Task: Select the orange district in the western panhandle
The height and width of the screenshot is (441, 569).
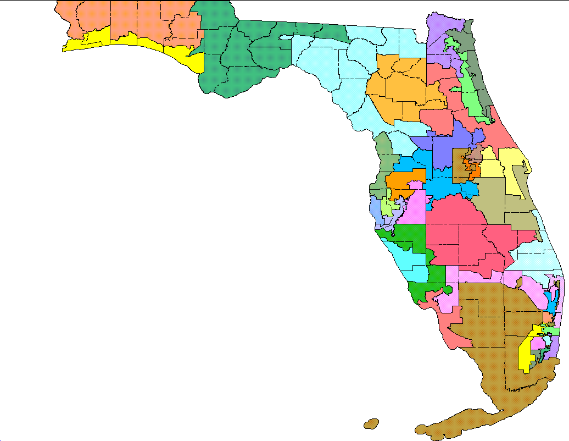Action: click(x=137, y=19)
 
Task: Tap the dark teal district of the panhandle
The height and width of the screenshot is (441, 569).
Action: click(x=231, y=60)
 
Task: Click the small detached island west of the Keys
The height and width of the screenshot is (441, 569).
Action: click(x=371, y=424)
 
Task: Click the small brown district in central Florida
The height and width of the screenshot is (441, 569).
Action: click(x=459, y=165)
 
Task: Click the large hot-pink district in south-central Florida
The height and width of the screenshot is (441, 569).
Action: click(x=461, y=231)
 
